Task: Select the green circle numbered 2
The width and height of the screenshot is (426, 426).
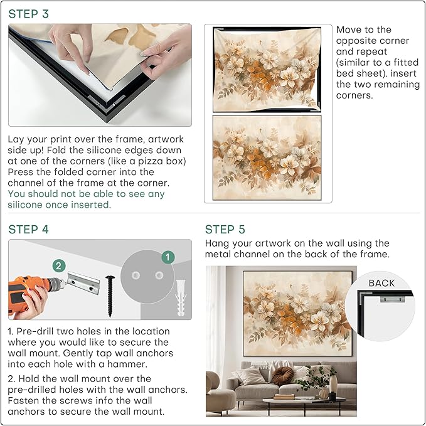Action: point(58,265)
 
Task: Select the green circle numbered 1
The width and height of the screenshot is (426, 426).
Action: point(167,257)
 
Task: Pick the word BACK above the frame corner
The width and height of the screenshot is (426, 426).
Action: point(381,283)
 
